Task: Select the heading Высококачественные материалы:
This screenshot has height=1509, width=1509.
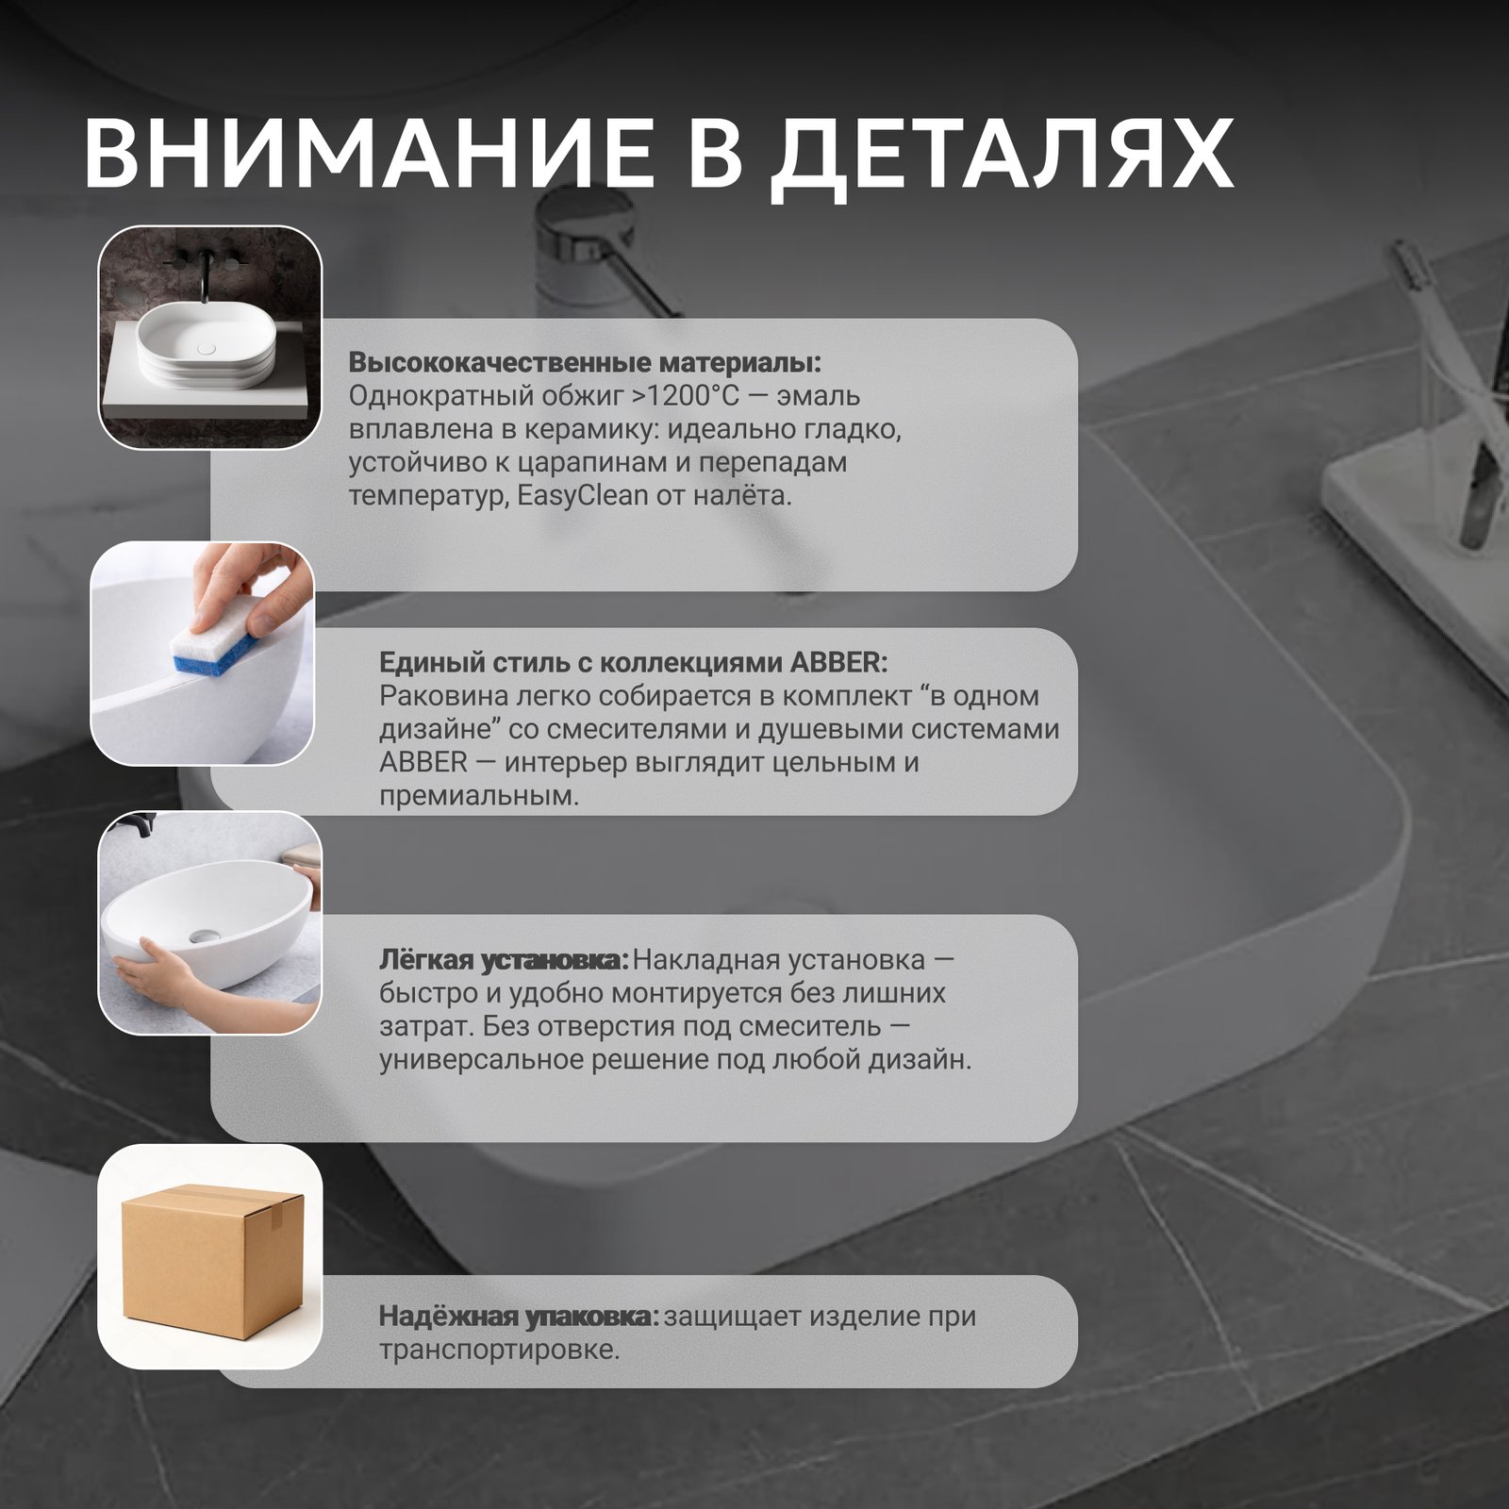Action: [585, 363]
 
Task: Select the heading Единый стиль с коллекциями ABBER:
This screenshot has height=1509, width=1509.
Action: [633, 662]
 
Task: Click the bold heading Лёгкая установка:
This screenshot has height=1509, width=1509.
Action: [504, 961]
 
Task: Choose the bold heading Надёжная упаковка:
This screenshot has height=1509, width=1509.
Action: [519, 1317]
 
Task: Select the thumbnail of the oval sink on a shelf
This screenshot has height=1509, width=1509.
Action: [211, 337]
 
